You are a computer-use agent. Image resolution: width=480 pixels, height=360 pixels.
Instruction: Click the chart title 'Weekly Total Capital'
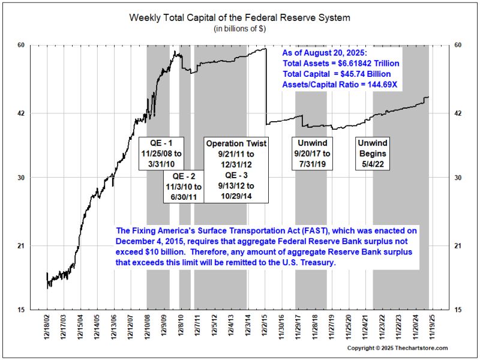tap(239, 17)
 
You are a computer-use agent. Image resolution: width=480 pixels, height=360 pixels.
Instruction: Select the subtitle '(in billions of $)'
tap(239, 29)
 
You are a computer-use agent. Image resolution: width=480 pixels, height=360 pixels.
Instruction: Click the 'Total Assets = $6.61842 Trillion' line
tap(341, 63)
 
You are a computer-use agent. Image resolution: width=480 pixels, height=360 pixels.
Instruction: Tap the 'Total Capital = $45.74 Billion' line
tap(340, 74)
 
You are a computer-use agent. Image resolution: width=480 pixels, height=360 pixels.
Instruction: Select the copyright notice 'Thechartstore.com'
tap(397, 348)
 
